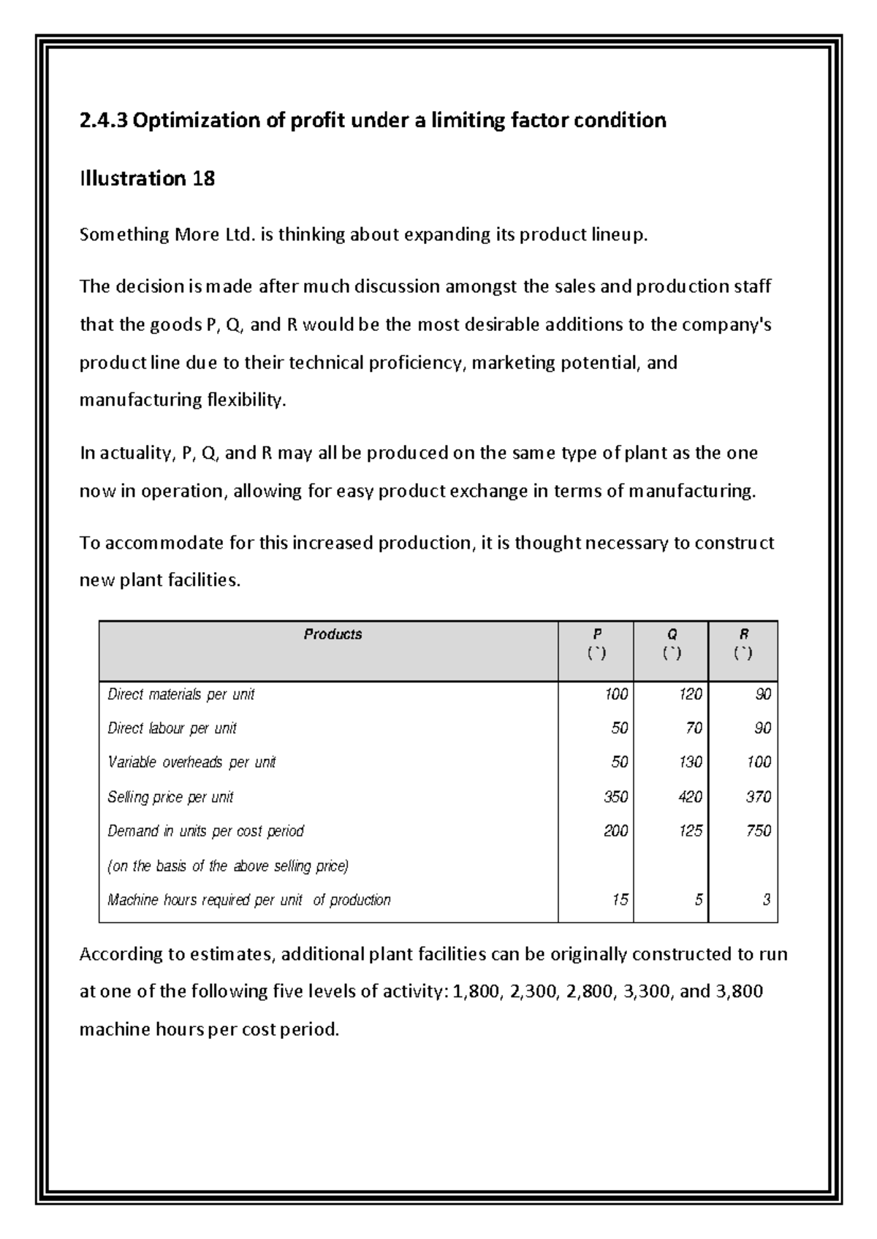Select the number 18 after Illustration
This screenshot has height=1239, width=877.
coord(203,178)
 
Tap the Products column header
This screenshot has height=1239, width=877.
coord(333,634)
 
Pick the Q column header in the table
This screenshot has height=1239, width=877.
coord(672,634)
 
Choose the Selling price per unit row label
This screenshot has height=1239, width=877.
coord(170,796)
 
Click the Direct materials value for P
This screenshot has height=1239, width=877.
coord(615,694)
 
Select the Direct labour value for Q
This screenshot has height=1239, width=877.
coord(694,728)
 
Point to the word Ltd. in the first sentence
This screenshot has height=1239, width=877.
coord(243,235)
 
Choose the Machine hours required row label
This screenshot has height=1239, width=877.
coord(248,899)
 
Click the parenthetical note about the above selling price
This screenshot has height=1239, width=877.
coord(228,866)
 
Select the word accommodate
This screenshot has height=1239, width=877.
coord(156,543)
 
